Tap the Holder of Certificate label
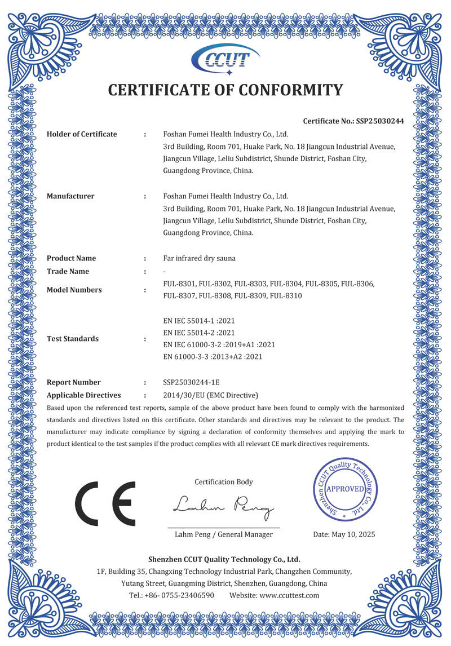[82, 134]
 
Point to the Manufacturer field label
[70, 196]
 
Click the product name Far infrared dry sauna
[199, 258]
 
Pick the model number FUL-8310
[286, 295]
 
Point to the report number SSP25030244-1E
[191, 382]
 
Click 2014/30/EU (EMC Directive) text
[210, 395]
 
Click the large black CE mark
[105, 503]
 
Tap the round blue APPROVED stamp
[346, 489]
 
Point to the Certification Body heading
[224, 482]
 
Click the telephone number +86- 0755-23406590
[179, 595]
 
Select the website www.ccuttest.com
[289, 595]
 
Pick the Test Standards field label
[73, 339]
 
